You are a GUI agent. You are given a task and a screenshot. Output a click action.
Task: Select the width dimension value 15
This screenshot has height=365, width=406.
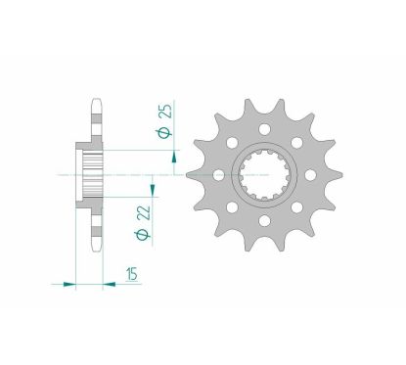click(x=131, y=277)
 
